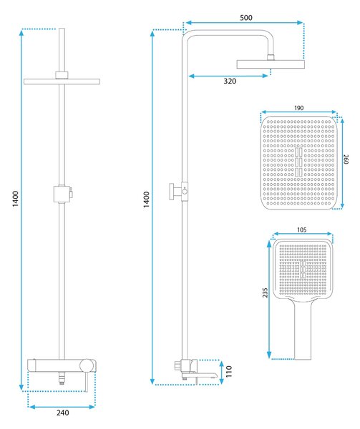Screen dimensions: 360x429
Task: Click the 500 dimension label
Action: (x=245, y=18)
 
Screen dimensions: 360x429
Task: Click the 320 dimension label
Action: (x=230, y=81)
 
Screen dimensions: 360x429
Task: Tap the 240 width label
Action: (x=63, y=413)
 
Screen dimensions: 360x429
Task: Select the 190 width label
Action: (x=298, y=108)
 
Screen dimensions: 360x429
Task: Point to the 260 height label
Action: (x=346, y=159)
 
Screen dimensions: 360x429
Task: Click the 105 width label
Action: (x=302, y=230)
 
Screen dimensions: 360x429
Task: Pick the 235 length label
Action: (x=265, y=292)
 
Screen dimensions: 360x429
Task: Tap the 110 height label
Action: (x=229, y=371)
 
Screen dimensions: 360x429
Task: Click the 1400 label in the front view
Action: (x=15, y=199)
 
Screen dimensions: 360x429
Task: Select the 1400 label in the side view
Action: (x=147, y=199)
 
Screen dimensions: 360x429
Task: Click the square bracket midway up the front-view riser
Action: (x=63, y=194)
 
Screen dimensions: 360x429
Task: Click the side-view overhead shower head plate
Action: (x=271, y=64)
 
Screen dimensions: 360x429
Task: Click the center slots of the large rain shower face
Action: (x=298, y=162)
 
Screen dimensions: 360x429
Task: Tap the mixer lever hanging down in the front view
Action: (x=87, y=381)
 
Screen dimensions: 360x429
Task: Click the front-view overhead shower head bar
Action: (x=62, y=82)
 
